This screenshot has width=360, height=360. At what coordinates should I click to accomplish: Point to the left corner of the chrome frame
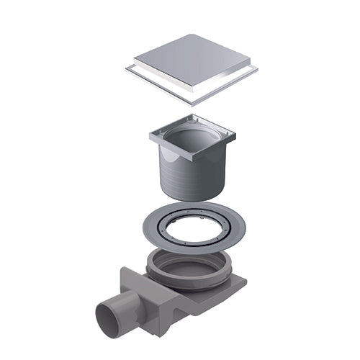pyautogui.click(x=126, y=70)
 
